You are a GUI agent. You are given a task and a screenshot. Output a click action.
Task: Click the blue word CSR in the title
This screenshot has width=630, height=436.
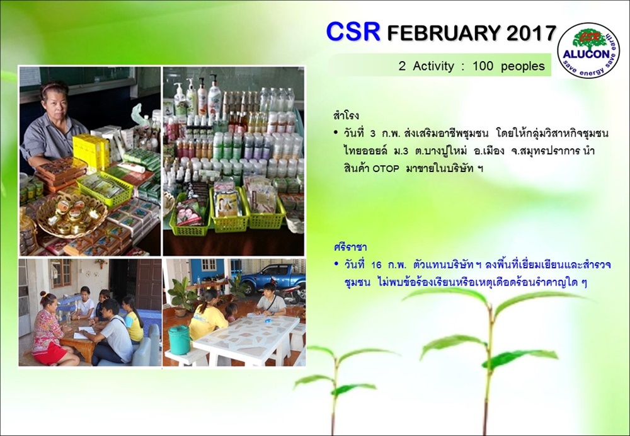[x=353, y=32]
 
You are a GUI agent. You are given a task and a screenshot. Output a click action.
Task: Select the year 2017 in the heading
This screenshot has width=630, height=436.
[x=531, y=33]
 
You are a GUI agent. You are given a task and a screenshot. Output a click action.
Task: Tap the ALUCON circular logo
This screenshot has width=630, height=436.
[x=588, y=50]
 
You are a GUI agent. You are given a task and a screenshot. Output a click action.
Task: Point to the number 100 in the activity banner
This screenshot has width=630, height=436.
[x=482, y=66]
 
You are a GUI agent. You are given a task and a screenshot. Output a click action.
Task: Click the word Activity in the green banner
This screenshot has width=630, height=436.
[x=433, y=66]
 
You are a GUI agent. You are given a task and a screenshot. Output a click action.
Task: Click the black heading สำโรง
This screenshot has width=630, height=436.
[x=346, y=116]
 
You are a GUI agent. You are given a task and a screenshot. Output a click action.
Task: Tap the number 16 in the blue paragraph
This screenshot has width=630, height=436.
[x=377, y=266]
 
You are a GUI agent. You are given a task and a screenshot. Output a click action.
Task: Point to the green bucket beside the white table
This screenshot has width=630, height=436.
[x=179, y=340]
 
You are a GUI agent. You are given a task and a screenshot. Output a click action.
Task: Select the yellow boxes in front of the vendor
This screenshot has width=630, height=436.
[x=91, y=151]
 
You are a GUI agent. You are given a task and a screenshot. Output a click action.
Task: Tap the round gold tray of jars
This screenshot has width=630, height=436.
[x=72, y=215]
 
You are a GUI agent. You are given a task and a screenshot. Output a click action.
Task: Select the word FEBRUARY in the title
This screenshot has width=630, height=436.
[x=444, y=33]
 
